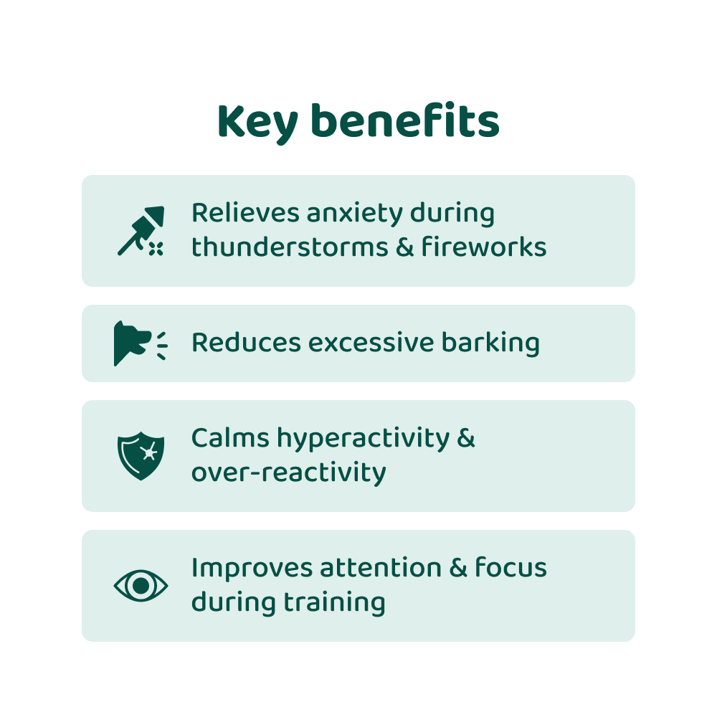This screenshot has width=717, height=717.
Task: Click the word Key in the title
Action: tap(258, 123)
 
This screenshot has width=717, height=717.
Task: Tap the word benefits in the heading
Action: tap(405, 120)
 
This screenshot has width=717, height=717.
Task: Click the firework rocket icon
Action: tap(141, 230)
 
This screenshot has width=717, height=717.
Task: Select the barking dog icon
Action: tap(141, 343)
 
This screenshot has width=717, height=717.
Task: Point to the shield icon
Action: tap(141, 456)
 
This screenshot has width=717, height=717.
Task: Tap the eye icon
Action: tap(141, 586)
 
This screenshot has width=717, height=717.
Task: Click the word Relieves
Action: tap(246, 213)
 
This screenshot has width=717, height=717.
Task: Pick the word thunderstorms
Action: tap(290, 247)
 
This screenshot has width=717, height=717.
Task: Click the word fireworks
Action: tap(484, 247)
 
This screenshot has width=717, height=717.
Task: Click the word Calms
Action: tap(230, 437)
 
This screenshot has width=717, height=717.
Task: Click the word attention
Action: tap(381, 567)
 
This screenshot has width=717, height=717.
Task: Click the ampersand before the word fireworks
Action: tap(404, 247)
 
